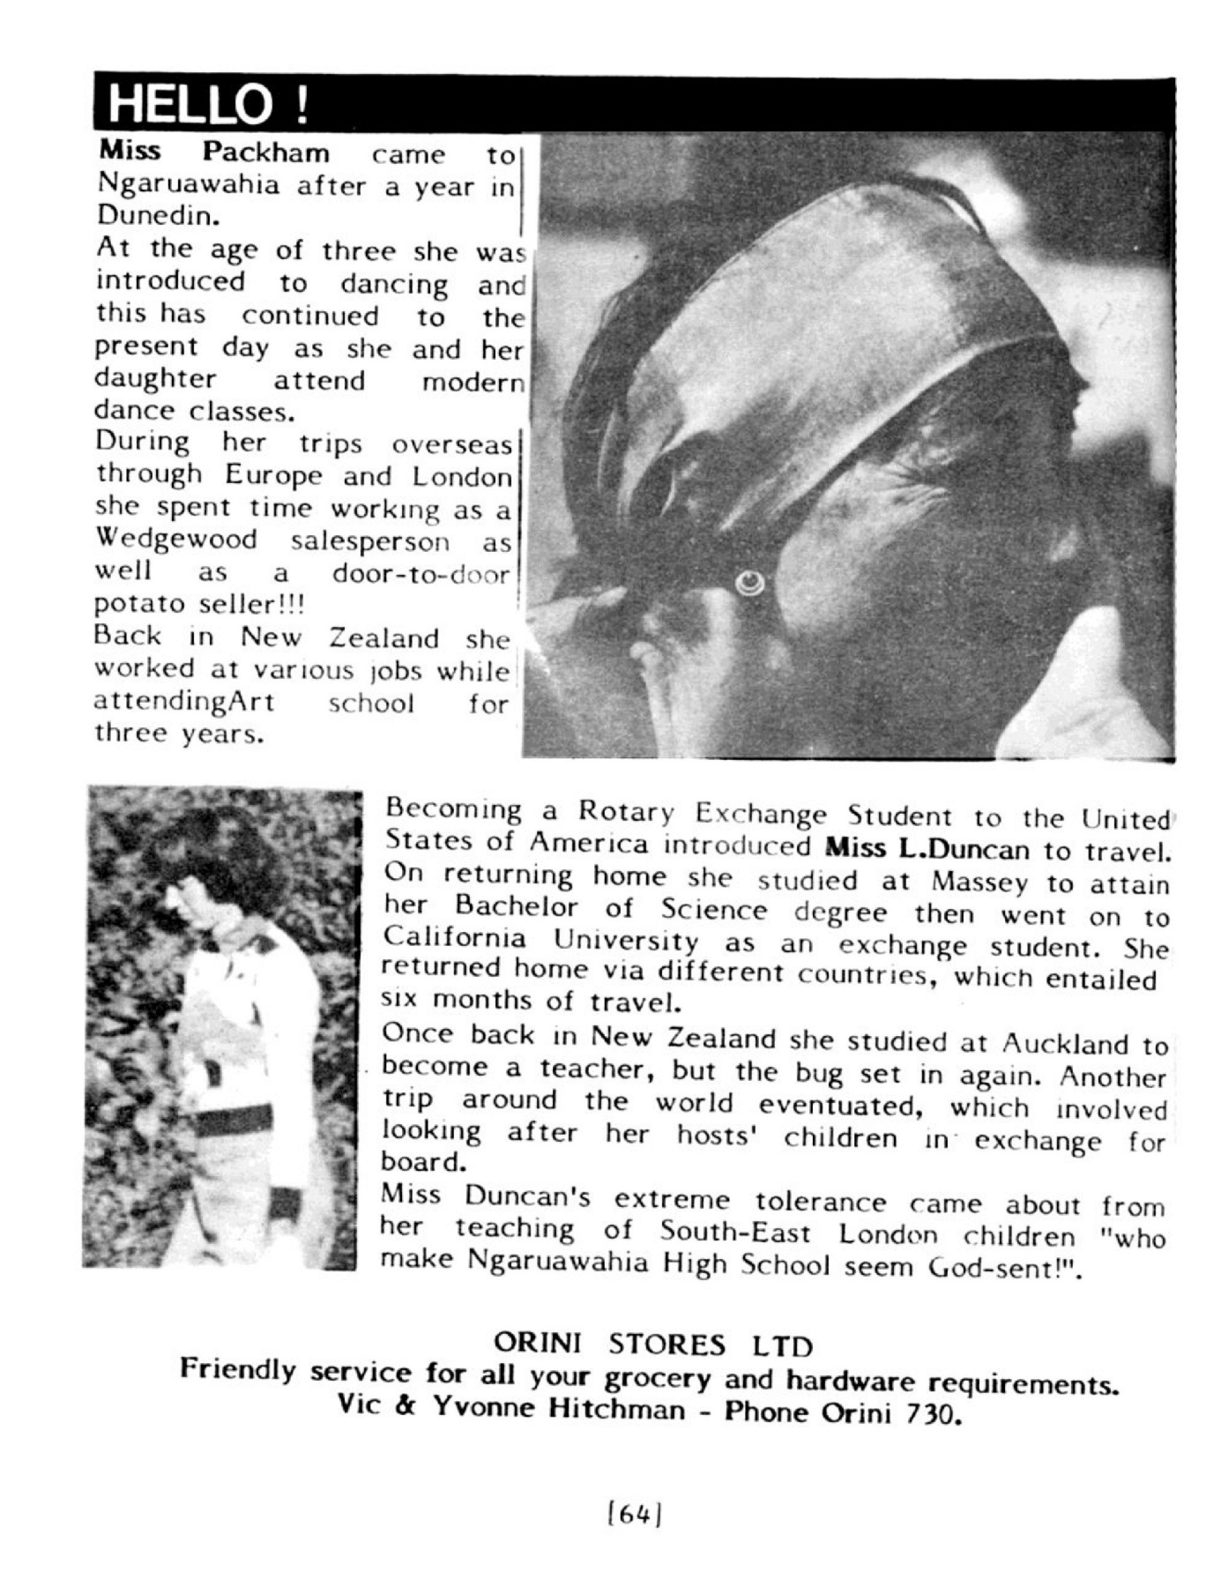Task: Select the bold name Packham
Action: pos(265,153)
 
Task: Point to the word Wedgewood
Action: pos(176,539)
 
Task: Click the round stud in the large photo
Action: pos(750,580)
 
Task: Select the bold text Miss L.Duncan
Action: pos(927,849)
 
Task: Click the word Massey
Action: pos(979,881)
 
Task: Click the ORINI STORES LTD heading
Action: pos(652,1344)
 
